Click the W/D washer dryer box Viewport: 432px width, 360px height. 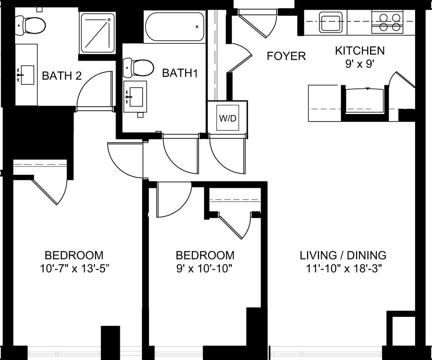227,118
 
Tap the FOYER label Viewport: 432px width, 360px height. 286,56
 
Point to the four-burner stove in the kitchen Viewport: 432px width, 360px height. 387,22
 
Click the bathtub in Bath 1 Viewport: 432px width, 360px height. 175,27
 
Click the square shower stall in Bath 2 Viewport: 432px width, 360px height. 98,33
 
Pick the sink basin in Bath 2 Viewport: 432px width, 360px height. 26,75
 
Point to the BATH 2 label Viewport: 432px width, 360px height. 62,76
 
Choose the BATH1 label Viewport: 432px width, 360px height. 179,73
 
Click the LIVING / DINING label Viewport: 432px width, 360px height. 343,255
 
